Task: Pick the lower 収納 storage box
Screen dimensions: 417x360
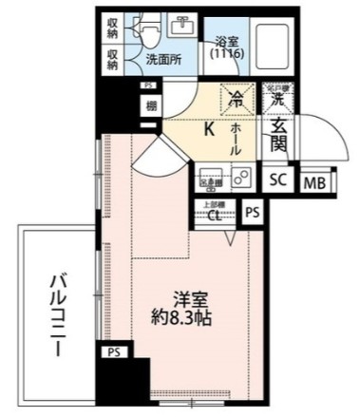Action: tap(113, 60)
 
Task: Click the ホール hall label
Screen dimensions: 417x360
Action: tap(235, 138)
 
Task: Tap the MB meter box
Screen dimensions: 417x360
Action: tap(311, 182)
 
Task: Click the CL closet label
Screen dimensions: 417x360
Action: tap(215, 214)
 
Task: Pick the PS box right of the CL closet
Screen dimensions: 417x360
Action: tap(252, 214)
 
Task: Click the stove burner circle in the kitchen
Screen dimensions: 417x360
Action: tap(241, 176)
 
